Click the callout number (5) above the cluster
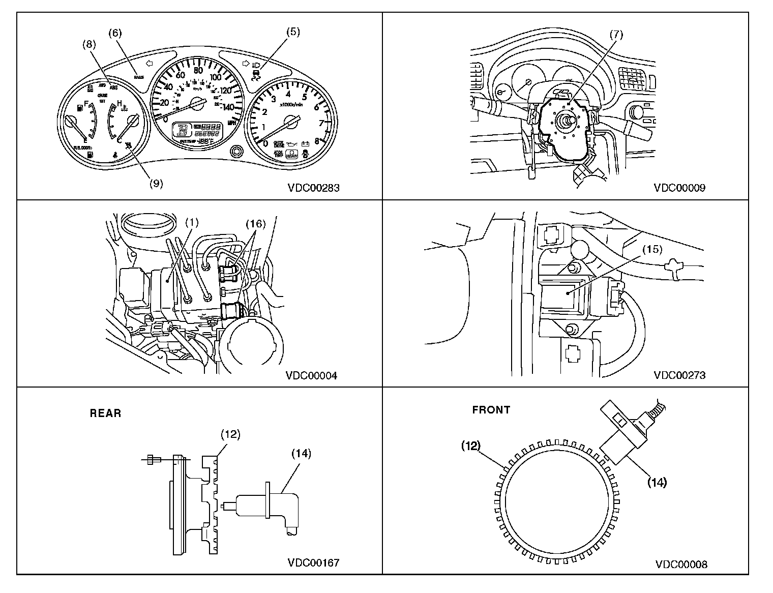(x=292, y=32)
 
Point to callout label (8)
(x=90, y=44)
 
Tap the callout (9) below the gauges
(x=156, y=184)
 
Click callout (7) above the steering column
(x=616, y=35)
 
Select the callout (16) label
(x=256, y=223)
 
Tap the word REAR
(x=106, y=413)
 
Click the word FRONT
(x=491, y=410)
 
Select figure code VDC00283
(x=314, y=188)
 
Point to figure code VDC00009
(x=679, y=188)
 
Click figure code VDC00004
(x=311, y=376)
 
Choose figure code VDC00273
(x=679, y=376)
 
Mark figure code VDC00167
(x=313, y=562)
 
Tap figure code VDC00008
(x=681, y=564)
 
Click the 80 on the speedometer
(x=198, y=70)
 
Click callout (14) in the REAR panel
(x=301, y=453)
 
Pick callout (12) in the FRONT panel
(x=471, y=446)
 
